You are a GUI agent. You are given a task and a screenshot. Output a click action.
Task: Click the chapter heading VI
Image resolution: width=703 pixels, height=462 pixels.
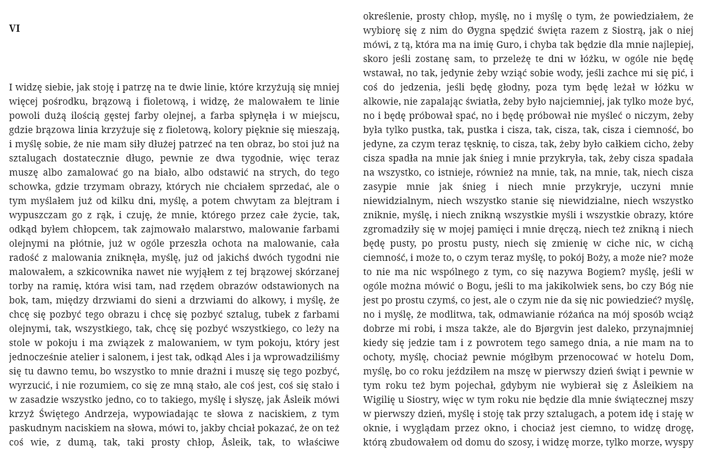click(14, 28)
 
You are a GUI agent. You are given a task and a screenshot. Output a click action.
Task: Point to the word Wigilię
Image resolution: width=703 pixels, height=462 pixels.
click(379, 400)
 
